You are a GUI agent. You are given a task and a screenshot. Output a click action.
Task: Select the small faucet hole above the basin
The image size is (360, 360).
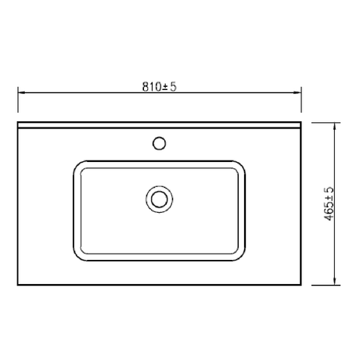coord(160,143)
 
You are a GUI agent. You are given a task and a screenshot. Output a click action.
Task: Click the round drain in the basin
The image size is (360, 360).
coord(160,198)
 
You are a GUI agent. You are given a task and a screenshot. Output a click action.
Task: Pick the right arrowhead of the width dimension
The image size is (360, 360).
coord(299,93)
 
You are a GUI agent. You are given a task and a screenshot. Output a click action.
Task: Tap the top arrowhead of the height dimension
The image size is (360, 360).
coord(335,126)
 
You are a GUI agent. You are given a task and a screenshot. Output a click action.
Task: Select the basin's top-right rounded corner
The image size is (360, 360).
coord(239,167)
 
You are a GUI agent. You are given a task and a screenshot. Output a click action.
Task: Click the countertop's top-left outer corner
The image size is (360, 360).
coord(18,122)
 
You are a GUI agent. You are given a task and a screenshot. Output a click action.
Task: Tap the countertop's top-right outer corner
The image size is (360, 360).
coord(302,122)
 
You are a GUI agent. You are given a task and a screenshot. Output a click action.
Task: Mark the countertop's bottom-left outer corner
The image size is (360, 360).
coord(18,285)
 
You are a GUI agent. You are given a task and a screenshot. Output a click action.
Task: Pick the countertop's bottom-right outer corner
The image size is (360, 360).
coord(302,285)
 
